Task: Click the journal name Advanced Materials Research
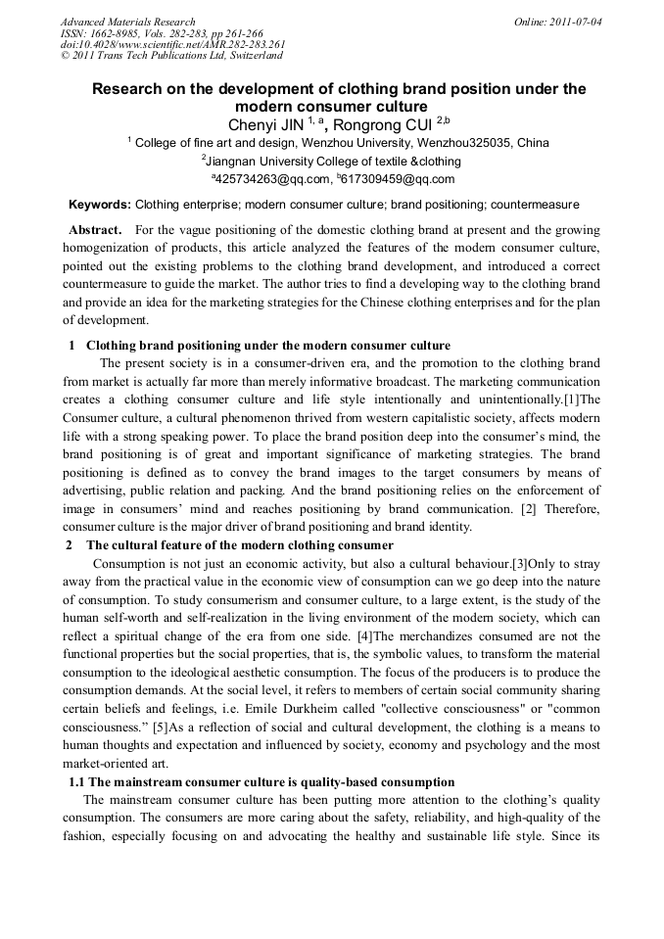pyautogui.click(x=127, y=22)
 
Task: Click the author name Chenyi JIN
pyautogui.click(x=263, y=124)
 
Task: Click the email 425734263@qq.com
pyautogui.click(x=275, y=179)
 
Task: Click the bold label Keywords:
pyautogui.click(x=99, y=206)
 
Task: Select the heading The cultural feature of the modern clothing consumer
pyautogui.click(x=240, y=544)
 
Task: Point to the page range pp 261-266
pyautogui.click(x=232, y=32)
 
